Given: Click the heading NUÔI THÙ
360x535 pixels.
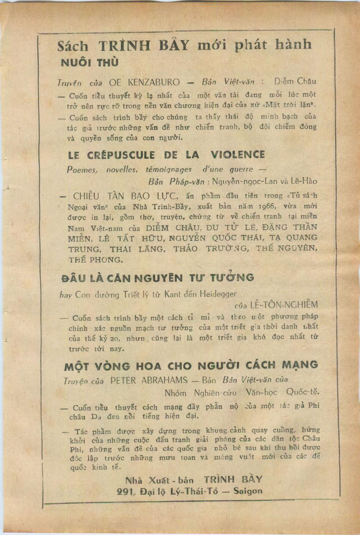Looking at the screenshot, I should coord(90,63).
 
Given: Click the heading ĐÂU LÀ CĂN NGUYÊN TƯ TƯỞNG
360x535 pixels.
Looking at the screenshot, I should coord(157,278).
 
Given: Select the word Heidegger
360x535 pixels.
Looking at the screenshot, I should coord(218,294).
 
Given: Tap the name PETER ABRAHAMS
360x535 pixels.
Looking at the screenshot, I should coord(149,380).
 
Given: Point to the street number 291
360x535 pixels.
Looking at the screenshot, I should coord(126,491).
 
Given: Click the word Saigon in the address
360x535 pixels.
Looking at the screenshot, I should coord(248,491).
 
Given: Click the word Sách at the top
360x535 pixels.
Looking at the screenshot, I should coord(73,46).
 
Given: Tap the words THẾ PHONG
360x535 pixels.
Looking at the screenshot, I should coord(95,260).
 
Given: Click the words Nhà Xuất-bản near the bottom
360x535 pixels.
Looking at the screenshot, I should coord(159,480).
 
